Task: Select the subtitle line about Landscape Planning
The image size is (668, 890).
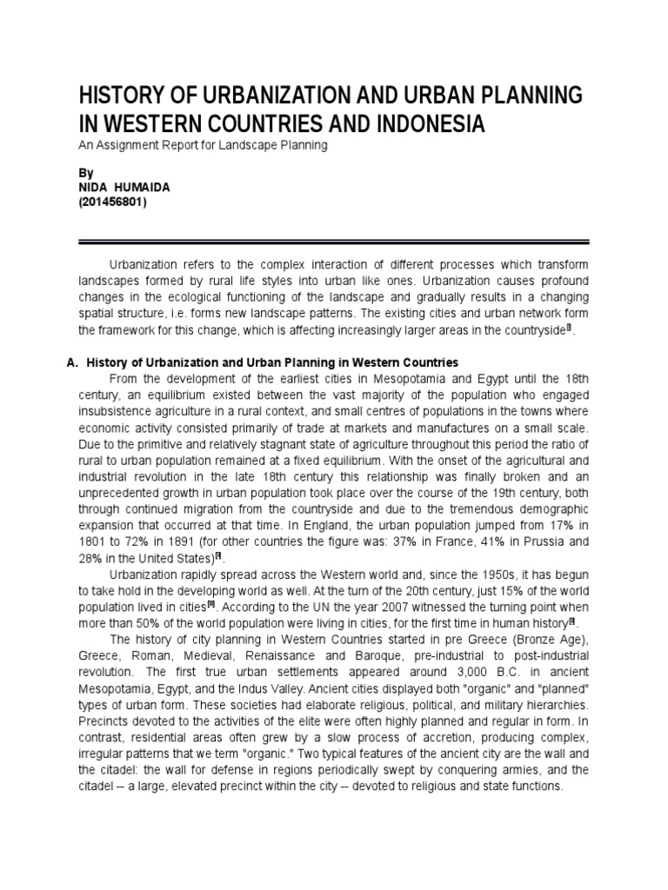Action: click(x=203, y=146)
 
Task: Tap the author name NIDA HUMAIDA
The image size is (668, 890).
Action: click(x=127, y=189)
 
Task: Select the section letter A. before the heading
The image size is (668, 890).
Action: click(x=72, y=362)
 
